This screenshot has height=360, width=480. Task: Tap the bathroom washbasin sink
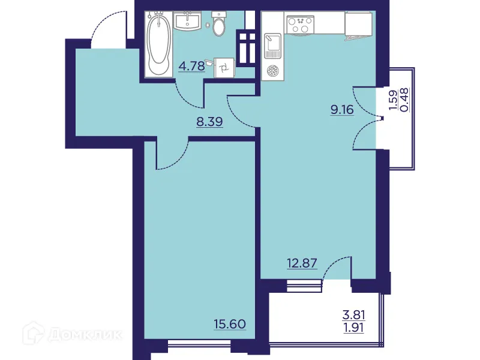188,22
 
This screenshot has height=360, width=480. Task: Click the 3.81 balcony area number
354,314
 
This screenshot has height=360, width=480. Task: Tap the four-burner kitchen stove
300,25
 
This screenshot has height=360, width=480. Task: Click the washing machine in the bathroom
223,68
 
